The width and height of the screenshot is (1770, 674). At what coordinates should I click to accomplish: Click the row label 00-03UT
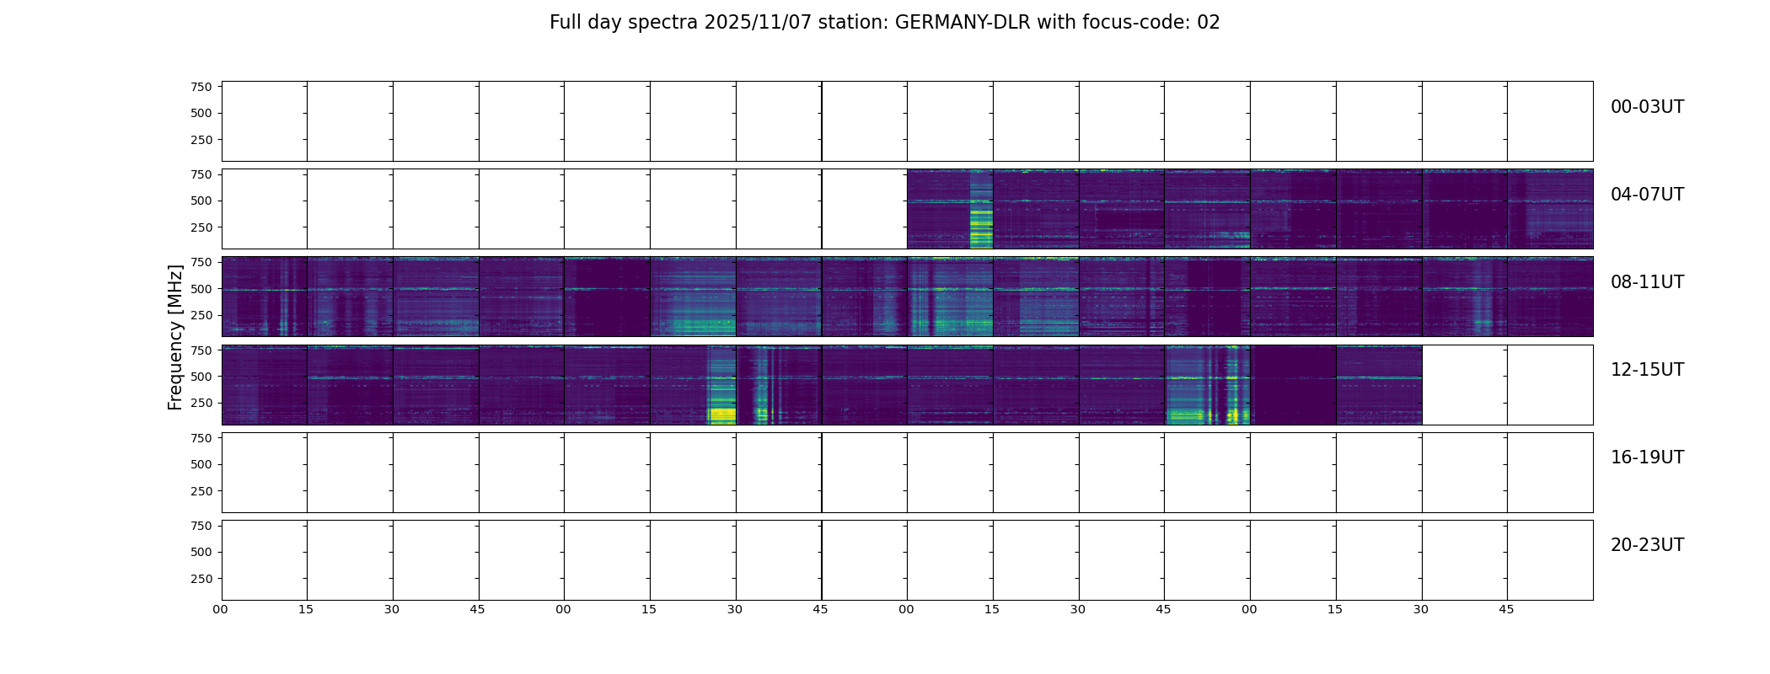pos(1647,107)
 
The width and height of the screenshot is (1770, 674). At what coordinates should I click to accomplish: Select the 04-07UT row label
pos(1647,195)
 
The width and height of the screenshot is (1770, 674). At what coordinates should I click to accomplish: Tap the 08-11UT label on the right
pos(1647,282)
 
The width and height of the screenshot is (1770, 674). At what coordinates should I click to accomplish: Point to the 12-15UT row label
pos(1647,370)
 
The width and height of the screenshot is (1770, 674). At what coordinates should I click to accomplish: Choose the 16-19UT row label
pos(1647,457)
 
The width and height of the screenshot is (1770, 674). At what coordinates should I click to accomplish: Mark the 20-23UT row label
pos(1647,545)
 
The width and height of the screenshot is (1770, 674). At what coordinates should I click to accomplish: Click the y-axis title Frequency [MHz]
pos(175,337)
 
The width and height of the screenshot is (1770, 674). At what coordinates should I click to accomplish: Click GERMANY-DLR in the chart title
pos(963,23)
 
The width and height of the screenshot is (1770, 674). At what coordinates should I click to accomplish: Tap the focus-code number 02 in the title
pos(1209,23)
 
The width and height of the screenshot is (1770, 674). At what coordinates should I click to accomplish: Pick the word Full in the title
pos(565,23)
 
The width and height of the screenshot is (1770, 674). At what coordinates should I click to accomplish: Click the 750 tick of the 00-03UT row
pos(201,87)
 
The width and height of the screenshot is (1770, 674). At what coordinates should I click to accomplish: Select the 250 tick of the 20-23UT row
pos(201,579)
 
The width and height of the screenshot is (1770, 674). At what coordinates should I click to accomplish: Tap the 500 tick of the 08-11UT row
pos(201,289)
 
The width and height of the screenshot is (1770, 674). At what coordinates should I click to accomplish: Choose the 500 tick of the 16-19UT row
pos(201,464)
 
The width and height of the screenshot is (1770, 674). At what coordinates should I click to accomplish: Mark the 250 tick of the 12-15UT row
pos(201,404)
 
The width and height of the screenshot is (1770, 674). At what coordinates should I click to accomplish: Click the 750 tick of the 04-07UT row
pos(201,174)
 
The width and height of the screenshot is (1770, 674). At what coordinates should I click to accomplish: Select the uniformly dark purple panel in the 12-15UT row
pos(1293,385)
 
